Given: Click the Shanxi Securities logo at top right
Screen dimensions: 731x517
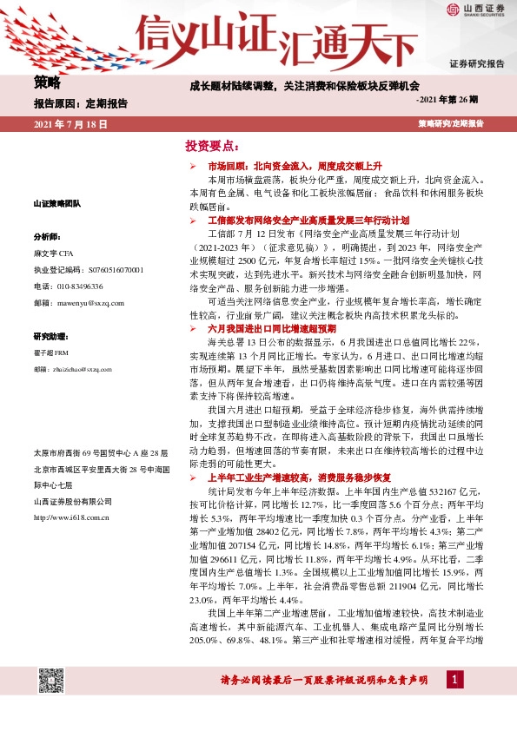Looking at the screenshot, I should [476, 10].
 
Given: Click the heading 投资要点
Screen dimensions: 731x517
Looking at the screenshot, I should [212, 145].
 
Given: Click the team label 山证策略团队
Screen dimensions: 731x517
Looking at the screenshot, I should [58, 203].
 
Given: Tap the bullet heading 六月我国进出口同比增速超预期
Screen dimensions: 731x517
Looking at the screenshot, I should [270, 329].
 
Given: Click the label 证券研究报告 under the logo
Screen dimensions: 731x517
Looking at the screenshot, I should [476, 64].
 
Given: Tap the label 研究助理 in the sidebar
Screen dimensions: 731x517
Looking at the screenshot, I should [50, 335].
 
